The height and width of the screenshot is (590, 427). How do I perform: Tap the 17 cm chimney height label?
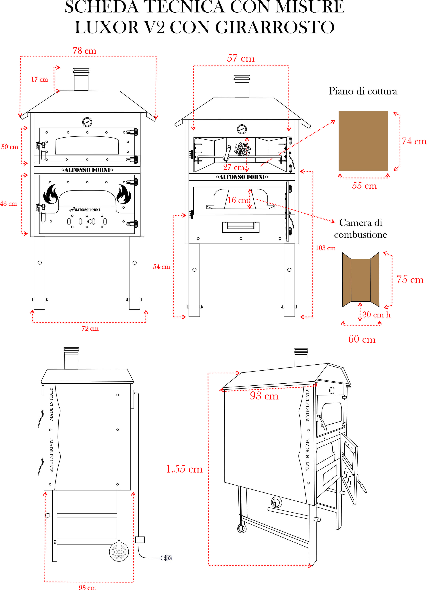[x=39, y=79]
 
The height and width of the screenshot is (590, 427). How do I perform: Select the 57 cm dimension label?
[x=240, y=58]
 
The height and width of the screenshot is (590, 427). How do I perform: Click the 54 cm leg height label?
[x=161, y=267]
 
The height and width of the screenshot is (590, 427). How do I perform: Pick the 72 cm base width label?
[x=90, y=328]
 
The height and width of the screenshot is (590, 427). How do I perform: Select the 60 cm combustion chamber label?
[x=362, y=339]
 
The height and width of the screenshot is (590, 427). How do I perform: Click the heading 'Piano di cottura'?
[x=363, y=91]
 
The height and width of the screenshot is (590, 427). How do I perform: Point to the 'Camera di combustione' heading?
[x=361, y=228]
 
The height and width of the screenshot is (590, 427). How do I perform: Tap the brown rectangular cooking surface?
[x=363, y=141]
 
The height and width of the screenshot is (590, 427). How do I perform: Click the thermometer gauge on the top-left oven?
[x=87, y=122]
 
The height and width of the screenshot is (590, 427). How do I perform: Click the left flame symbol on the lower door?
[x=50, y=194]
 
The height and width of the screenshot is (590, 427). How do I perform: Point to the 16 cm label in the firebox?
[x=238, y=200]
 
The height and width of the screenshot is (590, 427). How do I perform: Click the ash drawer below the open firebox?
[x=241, y=227]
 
